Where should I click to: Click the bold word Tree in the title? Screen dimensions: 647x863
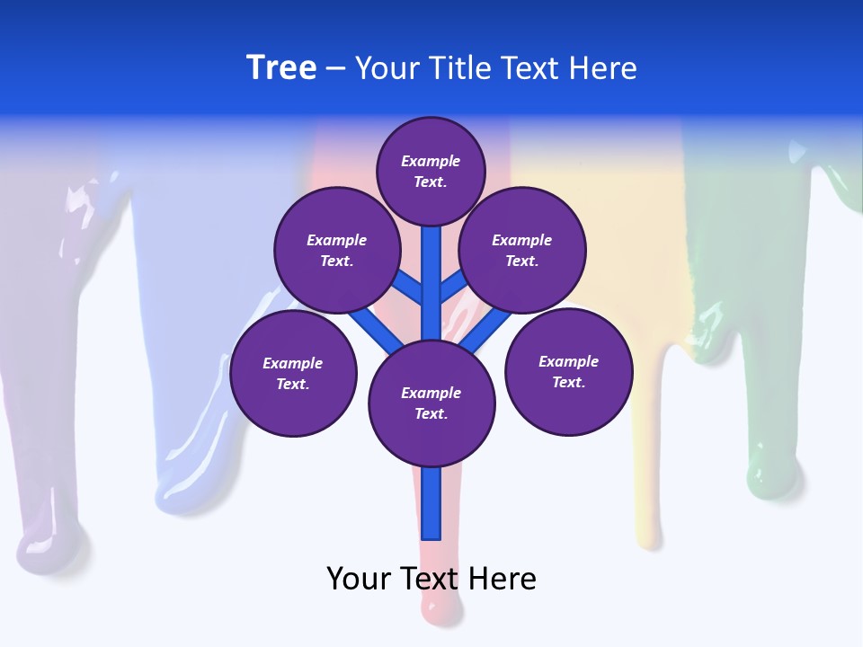pos(281,67)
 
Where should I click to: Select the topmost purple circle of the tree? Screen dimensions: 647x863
pos(431,171)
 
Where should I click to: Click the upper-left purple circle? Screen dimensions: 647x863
pos(336,250)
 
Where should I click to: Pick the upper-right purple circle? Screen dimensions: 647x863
pos(522,250)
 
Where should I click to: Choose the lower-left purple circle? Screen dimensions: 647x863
pos(293,373)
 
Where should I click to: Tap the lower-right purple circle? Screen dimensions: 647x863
pos(569,371)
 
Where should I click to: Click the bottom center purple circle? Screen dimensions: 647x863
pos(431,403)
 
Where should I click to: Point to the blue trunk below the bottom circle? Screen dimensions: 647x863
pos(431,503)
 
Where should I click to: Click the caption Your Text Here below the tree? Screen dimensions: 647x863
pos(431,579)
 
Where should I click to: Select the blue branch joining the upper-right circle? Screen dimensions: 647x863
pos(453,288)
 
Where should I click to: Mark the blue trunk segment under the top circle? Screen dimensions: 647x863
pos(431,270)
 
